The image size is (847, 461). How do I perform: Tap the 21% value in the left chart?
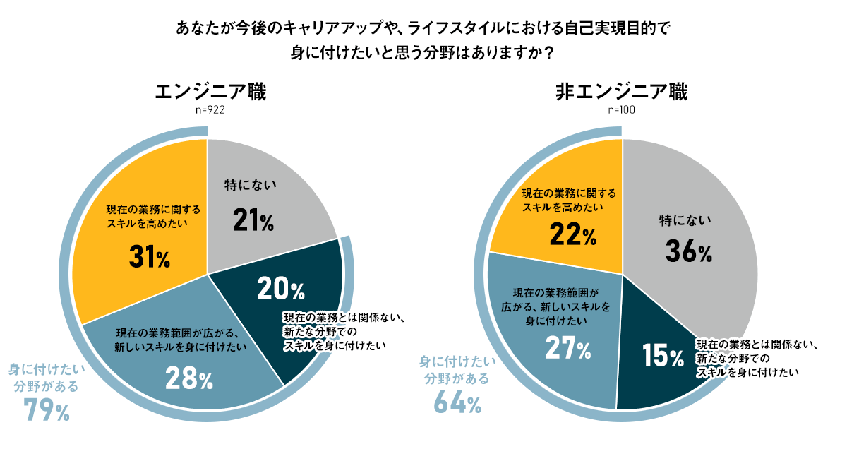point(253,221)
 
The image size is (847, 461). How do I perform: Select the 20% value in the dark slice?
point(280,289)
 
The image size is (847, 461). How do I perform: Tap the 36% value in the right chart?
point(687,251)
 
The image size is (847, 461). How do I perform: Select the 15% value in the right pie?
point(663,357)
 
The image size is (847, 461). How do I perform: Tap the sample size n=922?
point(210,110)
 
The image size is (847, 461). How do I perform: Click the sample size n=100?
point(621,110)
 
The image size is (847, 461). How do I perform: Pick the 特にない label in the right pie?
point(683,221)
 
